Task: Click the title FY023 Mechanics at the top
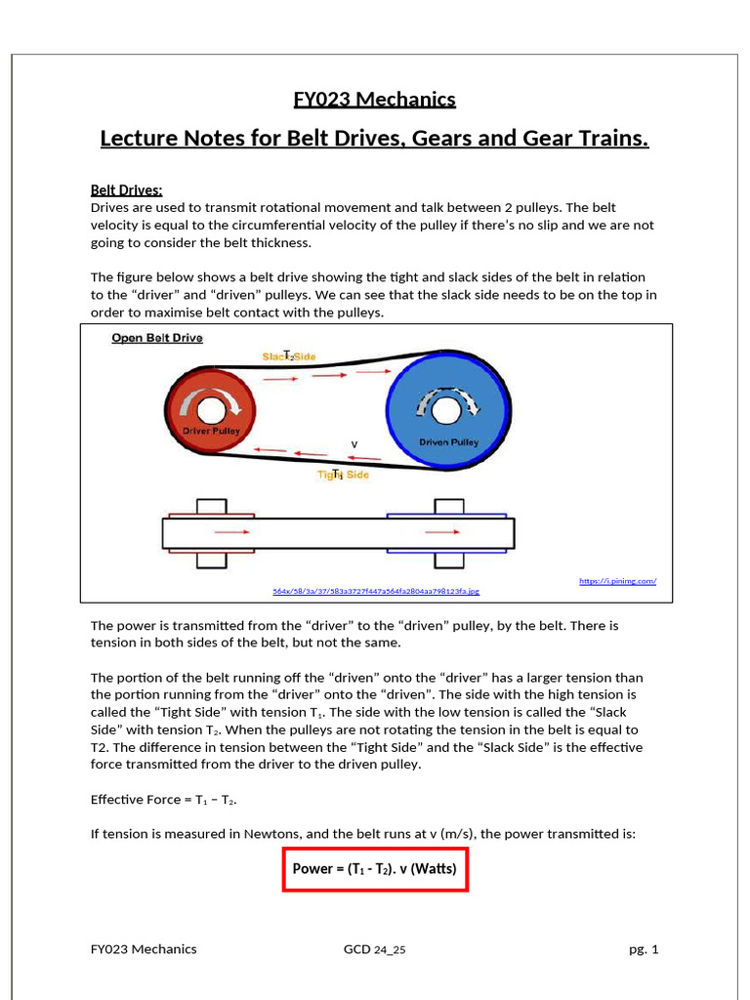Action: tap(374, 99)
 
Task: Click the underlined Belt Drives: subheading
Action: tap(126, 189)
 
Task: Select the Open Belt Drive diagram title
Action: tap(156, 338)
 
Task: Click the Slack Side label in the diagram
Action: tap(289, 357)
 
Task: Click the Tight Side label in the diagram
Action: tap(342, 475)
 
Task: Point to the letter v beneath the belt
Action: tap(354, 444)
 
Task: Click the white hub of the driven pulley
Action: tap(446, 410)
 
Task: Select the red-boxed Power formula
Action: tap(376, 867)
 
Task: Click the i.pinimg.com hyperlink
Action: tap(617, 581)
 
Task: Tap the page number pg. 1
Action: tap(643, 949)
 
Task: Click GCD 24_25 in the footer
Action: tap(374, 949)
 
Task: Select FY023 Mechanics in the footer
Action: tap(144, 949)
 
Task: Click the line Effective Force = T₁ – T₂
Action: tap(164, 799)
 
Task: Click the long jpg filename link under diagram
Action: tap(375, 591)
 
